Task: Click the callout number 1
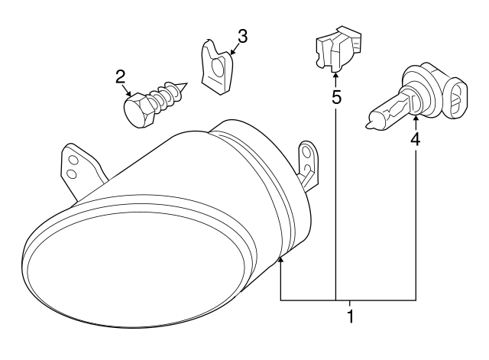pyautogui.click(x=350, y=315)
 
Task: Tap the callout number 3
pyautogui.click(x=242, y=35)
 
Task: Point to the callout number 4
pyautogui.click(x=416, y=139)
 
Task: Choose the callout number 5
pyautogui.click(x=335, y=98)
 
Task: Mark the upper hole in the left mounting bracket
pyautogui.click(x=73, y=160)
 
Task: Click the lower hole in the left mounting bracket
pyautogui.click(x=70, y=174)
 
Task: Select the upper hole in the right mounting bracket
pyautogui.click(x=307, y=150)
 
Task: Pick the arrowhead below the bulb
pyautogui.click(x=416, y=118)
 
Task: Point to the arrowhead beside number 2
pyautogui.click(x=130, y=91)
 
